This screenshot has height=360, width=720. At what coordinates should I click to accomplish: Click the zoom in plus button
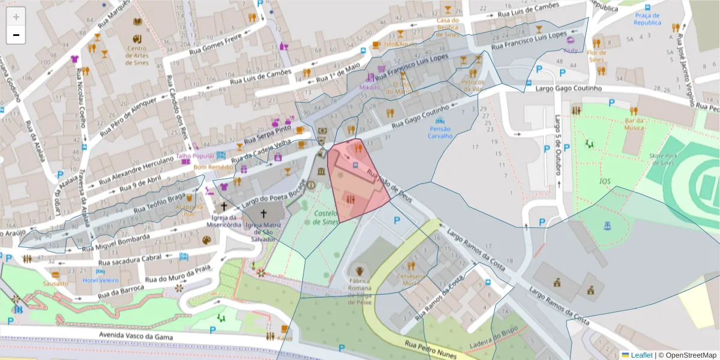click(x=16, y=17)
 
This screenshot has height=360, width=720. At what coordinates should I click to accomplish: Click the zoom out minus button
click(x=16, y=35)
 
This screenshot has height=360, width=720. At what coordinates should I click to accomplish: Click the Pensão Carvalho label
click(x=440, y=132)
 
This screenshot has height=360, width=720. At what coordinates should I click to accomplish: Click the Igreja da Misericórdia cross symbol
click(x=223, y=205)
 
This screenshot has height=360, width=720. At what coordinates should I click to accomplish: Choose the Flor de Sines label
click(x=597, y=56)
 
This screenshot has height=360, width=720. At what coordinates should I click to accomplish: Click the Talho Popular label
click(x=195, y=157)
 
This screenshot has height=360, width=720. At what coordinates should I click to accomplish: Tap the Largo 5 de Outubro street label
click(x=557, y=150)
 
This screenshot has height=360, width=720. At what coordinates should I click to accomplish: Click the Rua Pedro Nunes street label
click(x=431, y=350)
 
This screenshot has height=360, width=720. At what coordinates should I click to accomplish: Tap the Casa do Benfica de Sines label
click(x=447, y=28)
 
